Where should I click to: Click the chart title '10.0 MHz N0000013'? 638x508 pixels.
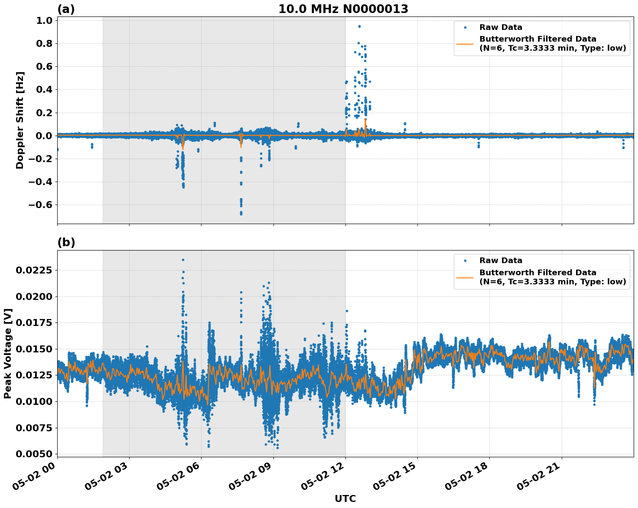343,9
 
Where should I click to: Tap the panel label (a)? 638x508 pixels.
66,9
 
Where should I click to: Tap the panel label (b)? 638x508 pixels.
66,242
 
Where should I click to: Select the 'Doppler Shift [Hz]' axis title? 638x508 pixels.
20,120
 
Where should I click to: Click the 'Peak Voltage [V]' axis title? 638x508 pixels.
8,353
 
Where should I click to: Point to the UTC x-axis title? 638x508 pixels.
345,498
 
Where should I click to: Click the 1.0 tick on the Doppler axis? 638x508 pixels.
43,21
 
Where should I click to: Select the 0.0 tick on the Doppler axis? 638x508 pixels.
43,136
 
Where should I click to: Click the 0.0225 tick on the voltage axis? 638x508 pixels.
34,270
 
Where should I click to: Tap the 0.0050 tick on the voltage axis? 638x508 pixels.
34,454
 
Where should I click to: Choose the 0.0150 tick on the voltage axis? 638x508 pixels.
34,349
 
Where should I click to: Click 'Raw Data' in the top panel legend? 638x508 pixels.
501,27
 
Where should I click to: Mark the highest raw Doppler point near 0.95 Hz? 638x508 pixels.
359,26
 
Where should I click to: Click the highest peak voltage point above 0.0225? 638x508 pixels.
183,260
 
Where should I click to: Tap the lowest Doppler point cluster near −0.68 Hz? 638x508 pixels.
241,213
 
